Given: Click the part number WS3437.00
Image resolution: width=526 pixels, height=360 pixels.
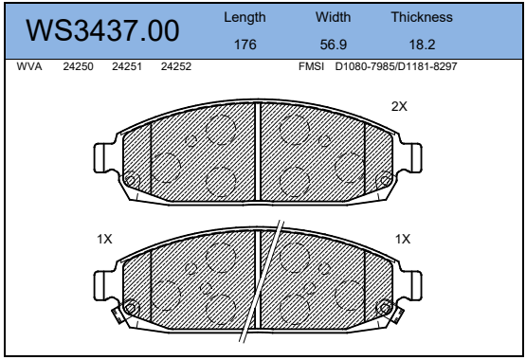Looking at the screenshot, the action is [x=102, y=30].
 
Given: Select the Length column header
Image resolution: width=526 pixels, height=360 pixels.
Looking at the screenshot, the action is [x=245, y=18].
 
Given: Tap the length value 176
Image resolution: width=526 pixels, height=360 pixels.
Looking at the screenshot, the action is [x=245, y=45].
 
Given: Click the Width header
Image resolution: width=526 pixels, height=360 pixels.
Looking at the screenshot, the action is [x=333, y=17].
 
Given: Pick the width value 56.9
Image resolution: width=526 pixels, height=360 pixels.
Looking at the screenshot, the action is [x=333, y=45].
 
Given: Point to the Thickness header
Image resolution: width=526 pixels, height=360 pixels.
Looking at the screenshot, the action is [x=422, y=17].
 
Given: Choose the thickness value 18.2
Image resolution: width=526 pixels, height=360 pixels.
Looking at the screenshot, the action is [x=422, y=45].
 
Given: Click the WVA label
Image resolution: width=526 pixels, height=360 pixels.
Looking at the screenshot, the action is [x=29, y=66].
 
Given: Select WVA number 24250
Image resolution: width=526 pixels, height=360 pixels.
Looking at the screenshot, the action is [x=78, y=66].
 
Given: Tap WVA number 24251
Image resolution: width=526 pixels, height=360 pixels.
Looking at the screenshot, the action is [x=127, y=66].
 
